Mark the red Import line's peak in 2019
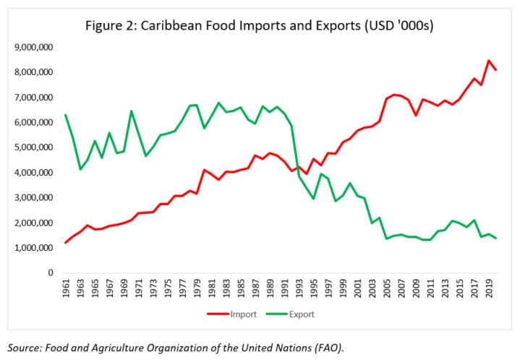coord(490,61)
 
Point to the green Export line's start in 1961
coord(66,115)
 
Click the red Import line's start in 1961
coord(66,242)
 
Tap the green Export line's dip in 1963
coord(81,169)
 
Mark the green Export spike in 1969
coord(131,111)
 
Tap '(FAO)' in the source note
coord(328,348)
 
